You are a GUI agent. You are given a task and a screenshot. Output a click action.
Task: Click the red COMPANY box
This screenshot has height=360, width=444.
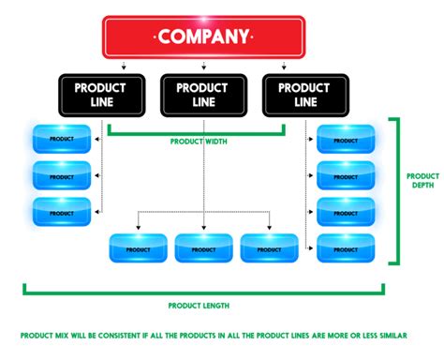click(x=203, y=37)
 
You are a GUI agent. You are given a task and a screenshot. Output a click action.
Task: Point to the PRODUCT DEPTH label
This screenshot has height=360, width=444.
click(x=423, y=179)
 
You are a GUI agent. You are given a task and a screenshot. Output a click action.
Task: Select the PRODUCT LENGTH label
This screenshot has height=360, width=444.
click(x=199, y=306)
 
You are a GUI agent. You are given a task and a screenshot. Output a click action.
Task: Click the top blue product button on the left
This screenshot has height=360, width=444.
click(x=62, y=139)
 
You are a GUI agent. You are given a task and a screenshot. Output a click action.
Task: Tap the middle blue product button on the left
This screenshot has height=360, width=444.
click(x=62, y=175)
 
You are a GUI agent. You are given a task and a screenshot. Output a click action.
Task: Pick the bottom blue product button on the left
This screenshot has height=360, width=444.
click(x=62, y=211)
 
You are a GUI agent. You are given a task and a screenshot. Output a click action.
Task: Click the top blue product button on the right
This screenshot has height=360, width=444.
click(x=346, y=139)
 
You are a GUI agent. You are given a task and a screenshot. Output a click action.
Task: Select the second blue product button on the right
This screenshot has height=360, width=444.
click(x=346, y=175)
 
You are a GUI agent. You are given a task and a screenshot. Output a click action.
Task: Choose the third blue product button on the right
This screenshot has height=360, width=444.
click(x=346, y=211)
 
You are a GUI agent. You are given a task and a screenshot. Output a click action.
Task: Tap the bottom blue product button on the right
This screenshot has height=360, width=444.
click(x=346, y=247)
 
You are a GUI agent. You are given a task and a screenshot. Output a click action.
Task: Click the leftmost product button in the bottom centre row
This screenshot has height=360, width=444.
click(x=138, y=247)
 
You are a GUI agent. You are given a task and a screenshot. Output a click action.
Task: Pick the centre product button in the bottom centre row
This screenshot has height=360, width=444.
click(x=203, y=247)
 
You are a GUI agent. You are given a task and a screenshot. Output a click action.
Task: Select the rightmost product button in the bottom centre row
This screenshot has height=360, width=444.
click(x=269, y=247)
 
